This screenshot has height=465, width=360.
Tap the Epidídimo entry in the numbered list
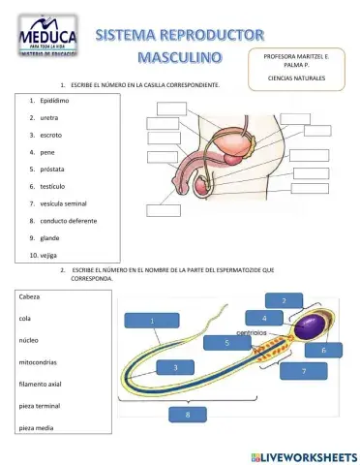coord(53,99)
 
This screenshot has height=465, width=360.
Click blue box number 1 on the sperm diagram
coord(152,320)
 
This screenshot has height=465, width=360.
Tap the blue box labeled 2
coord(284,301)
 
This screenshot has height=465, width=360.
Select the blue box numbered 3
coord(174,367)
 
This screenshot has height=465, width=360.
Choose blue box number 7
coord(305,371)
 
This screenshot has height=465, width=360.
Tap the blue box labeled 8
coord(187,415)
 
